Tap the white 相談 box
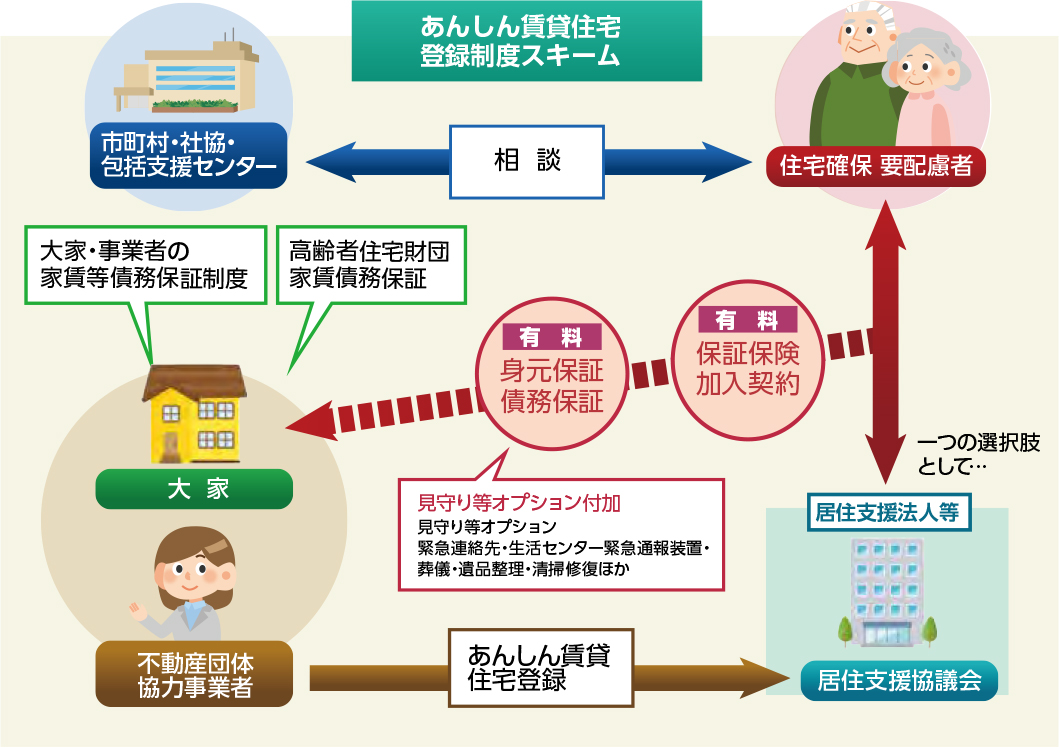pos(528,161)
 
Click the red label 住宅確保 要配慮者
pos(876,165)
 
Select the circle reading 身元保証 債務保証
pos(552,385)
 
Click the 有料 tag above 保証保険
pos(748,320)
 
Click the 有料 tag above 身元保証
pos(552,337)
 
